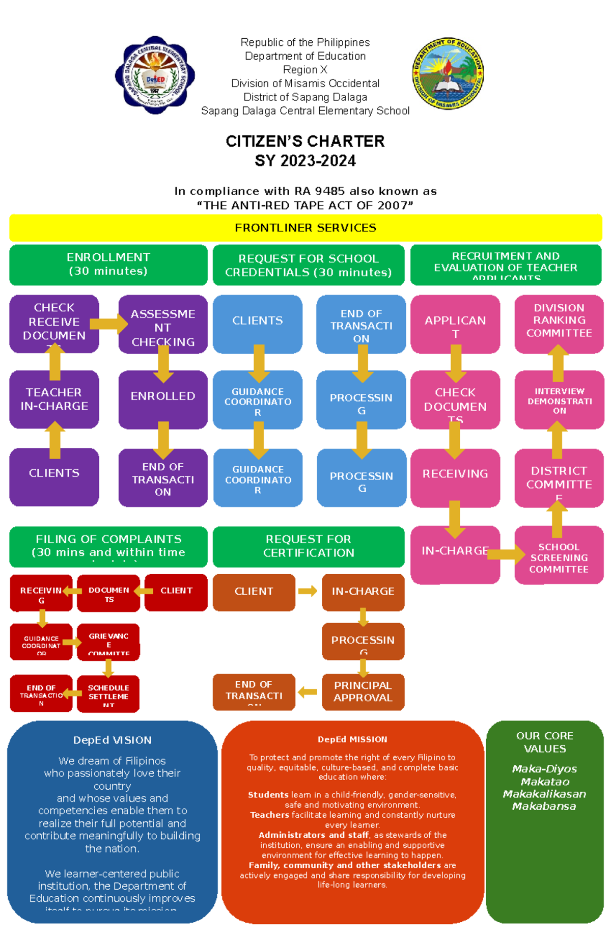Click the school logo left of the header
coord(155,75)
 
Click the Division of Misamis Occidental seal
coord(448,73)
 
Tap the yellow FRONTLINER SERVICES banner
coord(305,228)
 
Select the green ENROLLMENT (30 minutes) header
coord(108,264)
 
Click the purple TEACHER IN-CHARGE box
coord(54,399)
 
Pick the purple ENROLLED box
coord(163,396)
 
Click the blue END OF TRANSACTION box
coord(361,325)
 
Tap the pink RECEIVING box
coord(455,474)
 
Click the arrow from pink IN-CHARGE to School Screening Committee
coord(506,554)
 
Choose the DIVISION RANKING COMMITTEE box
coord(559,321)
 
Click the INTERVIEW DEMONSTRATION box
coord(559,400)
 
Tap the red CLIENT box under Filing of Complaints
coord(176,591)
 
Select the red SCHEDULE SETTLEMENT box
coord(108,694)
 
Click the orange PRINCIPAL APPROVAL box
coord(363,692)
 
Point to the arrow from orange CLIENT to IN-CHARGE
coord(308,591)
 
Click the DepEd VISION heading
coord(113,740)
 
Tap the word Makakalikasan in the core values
coord(544,794)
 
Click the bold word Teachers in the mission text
coord(269,815)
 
